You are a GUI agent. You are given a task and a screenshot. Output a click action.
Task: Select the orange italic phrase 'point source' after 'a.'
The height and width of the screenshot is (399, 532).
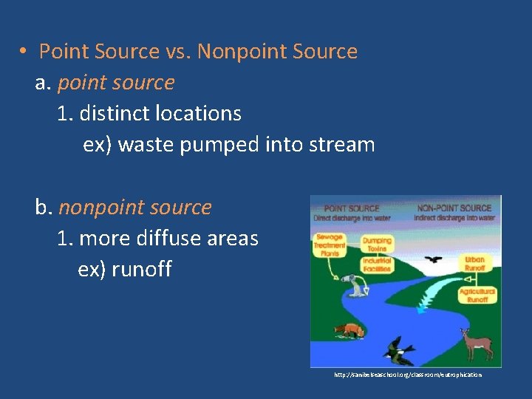115,83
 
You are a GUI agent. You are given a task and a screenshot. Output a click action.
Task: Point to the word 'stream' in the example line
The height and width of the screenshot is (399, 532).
341,145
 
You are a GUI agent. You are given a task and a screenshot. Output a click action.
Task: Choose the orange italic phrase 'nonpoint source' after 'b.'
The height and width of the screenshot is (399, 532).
135,208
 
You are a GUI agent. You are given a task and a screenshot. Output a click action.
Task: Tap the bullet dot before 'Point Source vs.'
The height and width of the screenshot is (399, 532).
24,52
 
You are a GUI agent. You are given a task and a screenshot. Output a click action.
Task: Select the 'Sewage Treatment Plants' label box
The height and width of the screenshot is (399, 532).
329,245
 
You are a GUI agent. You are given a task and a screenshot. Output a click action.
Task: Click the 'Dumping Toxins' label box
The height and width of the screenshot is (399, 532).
377,245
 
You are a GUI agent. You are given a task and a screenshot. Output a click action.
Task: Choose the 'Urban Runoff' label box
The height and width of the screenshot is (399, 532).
475,264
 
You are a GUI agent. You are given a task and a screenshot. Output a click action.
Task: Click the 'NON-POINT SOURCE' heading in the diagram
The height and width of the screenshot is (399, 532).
454,208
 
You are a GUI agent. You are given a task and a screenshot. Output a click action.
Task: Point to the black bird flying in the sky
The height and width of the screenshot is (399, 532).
434,260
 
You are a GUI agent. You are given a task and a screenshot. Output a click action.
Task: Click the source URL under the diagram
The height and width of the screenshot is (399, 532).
408,375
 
